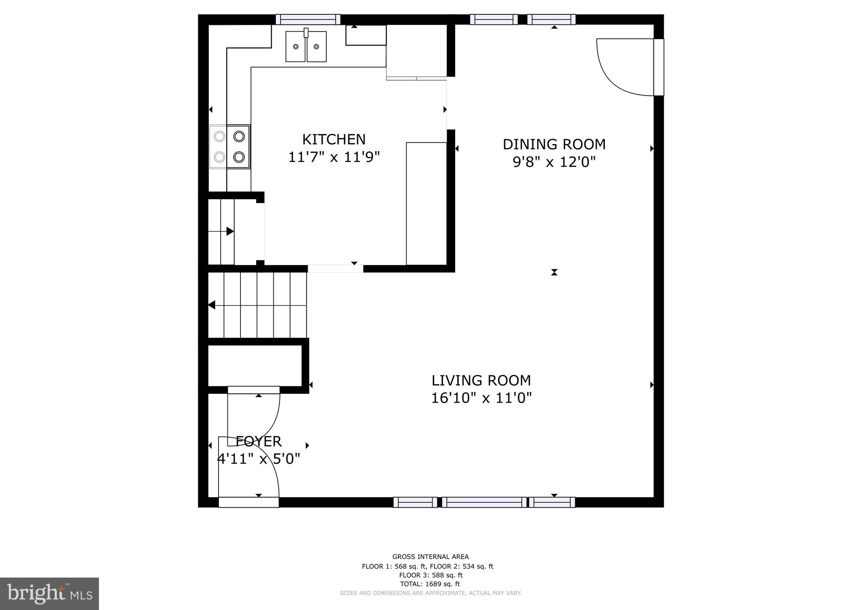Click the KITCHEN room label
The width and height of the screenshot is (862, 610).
click(334, 139)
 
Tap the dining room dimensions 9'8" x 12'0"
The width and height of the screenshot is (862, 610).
click(554, 162)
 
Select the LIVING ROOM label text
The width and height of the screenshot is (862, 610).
click(481, 380)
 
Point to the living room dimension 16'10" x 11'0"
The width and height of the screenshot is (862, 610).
click(481, 398)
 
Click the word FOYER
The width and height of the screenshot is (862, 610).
click(259, 441)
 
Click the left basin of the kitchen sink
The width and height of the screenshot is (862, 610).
click(296, 47)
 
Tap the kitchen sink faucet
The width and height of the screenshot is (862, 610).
click(306, 32)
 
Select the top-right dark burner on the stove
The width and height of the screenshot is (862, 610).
click(239, 136)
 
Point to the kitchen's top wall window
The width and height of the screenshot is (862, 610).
click(308, 19)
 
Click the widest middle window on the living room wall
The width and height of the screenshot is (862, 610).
click(484, 502)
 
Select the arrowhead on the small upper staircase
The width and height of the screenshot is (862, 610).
click(230, 231)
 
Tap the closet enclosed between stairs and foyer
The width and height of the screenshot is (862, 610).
click(255, 365)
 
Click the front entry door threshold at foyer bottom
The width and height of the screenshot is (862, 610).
click(248, 502)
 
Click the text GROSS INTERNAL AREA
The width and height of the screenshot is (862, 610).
click(430, 557)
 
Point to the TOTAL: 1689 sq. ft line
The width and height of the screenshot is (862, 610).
click(430, 584)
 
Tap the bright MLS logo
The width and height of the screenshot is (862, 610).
click(49, 594)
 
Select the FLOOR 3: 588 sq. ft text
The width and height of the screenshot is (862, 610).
click(430, 575)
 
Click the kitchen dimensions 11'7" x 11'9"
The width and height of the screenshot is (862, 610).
click(334, 158)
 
